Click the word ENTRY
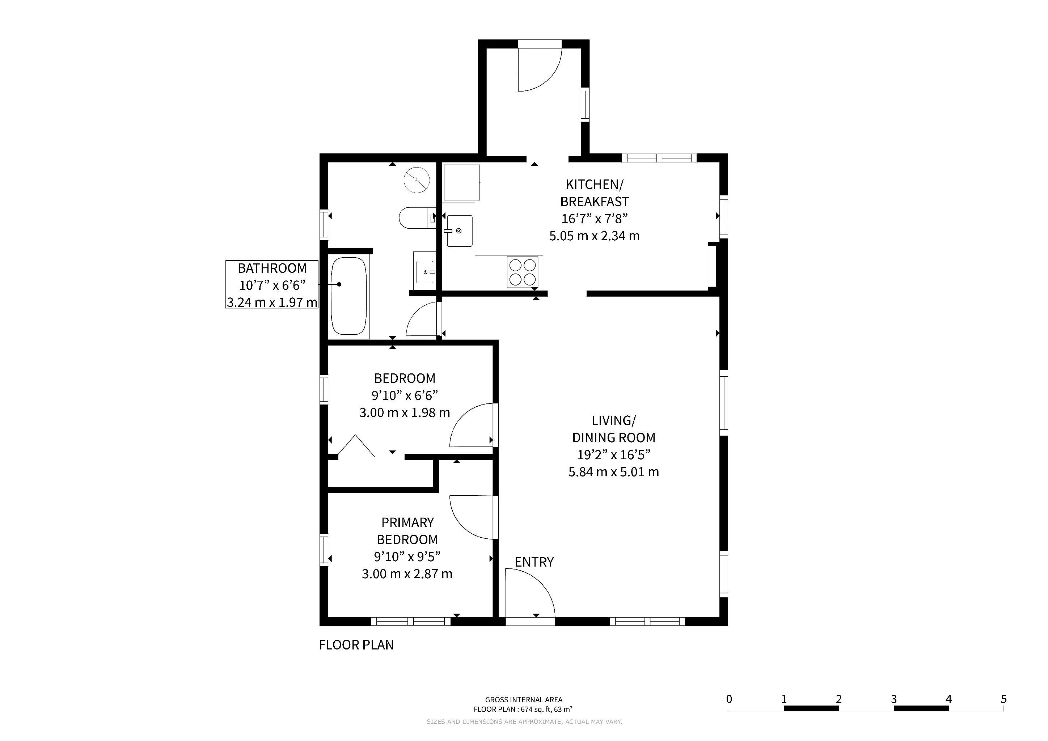click(x=534, y=562)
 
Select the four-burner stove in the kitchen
click(x=523, y=272)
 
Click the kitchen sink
click(x=459, y=230)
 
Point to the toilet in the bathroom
click(x=417, y=218)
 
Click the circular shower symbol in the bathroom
click(x=417, y=180)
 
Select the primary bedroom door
click(x=473, y=518)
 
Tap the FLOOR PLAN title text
click(x=356, y=645)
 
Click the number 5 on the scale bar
click(x=1003, y=699)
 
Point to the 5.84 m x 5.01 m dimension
click(x=613, y=472)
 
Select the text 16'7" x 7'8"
click(x=594, y=219)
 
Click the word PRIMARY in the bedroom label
click(x=407, y=522)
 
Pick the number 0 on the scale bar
click(x=729, y=699)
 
